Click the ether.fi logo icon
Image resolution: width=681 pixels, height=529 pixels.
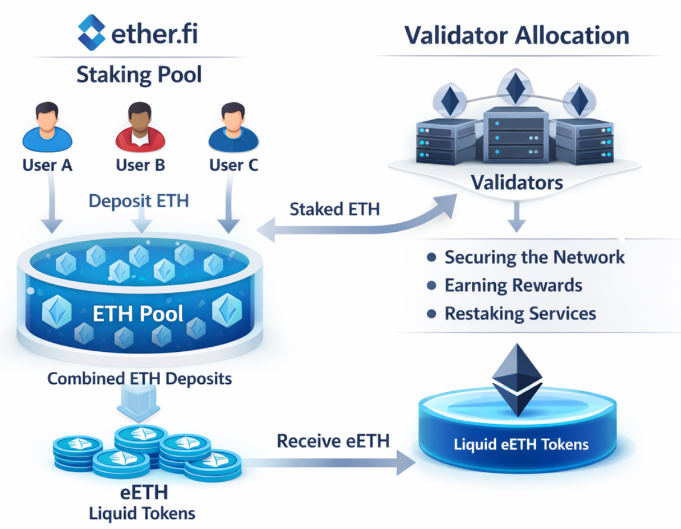pos(91,33)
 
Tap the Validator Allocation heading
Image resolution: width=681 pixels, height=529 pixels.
pos(517,35)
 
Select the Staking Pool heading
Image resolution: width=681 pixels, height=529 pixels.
pos(139,75)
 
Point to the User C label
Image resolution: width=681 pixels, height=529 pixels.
pos(234,165)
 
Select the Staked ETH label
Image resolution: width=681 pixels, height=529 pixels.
pos(335,209)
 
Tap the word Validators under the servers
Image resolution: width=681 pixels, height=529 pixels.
pos(517,183)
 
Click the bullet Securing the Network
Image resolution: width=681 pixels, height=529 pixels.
pos(535,257)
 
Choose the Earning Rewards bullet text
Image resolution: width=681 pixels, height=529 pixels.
pos(513,285)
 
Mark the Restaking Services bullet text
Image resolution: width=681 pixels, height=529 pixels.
pos(520,313)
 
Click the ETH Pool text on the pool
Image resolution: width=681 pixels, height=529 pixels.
pos(139,314)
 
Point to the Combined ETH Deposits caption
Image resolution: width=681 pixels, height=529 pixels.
pos(139,379)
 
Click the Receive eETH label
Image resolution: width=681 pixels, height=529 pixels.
pos(333,441)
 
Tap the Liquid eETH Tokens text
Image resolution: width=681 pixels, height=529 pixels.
pos(521,444)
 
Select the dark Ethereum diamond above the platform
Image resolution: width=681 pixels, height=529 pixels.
pos(517,379)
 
